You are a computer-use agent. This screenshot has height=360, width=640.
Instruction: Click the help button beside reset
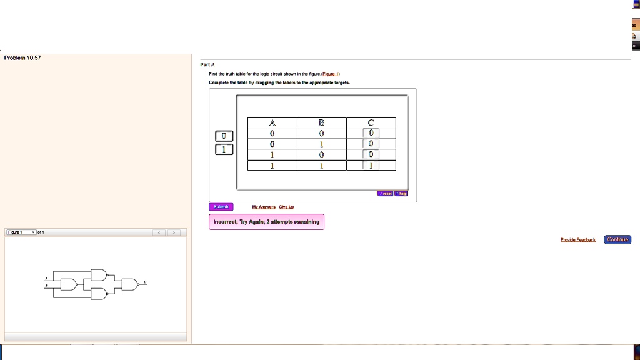tap(401, 194)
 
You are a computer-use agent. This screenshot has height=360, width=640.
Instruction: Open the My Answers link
tap(264, 207)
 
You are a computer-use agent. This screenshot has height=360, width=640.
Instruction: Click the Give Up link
tap(286, 207)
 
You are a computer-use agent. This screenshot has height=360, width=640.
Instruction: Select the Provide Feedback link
tap(577, 239)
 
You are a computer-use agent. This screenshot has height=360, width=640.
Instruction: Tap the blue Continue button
tap(617, 239)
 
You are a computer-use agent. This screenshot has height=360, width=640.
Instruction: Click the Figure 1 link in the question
tap(330, 73)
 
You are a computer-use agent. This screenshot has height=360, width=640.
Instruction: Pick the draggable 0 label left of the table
tap(224, 136)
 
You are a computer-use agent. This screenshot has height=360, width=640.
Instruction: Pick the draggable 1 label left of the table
tap(224, 149)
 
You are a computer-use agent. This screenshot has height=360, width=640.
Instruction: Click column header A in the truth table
tap(272, 122)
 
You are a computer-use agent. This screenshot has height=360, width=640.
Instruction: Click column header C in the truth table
tap(371, 122)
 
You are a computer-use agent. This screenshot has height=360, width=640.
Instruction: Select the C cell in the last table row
tap(371, 165)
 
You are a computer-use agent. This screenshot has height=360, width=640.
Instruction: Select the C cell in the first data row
tap(371, 133)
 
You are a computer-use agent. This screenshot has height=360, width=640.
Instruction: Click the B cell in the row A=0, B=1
tap(321, 144)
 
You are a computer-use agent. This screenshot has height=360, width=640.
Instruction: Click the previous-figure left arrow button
tap(160, 233)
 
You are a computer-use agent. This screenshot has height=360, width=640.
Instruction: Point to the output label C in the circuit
tap(145, 282)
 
